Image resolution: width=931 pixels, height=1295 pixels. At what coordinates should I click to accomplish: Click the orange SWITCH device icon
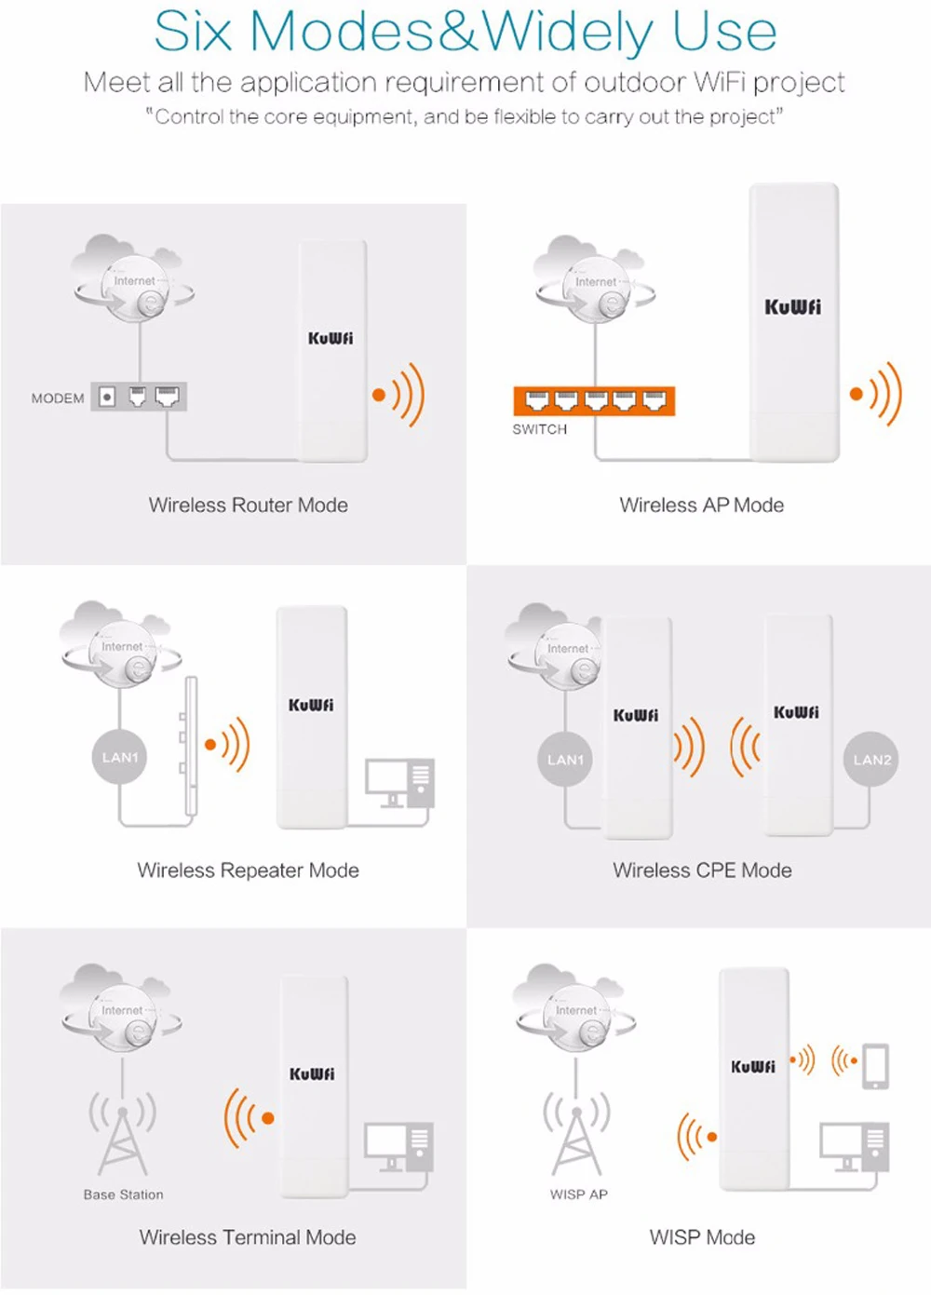pyautogui.click(x=594, y=401)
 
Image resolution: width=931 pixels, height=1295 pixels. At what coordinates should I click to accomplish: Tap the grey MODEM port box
pyautogui.click(x=139, y=398)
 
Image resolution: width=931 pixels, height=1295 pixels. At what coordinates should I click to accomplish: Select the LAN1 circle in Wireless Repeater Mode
pyautogui.click(x=119, y=757)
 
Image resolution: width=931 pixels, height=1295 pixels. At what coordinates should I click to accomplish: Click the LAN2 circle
pyautogui.click(x=871, y=760)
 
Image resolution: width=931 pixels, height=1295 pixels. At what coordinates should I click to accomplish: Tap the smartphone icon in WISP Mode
pyautogui.click(x=875, y=1066)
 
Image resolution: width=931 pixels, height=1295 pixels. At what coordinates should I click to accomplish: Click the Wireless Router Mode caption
pyautogui.click(x=249, y=506)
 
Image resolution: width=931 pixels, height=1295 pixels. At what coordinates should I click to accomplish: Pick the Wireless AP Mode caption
pyautogui.click(x=702, y=506)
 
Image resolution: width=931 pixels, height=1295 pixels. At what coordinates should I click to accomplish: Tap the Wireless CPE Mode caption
pyautogui.click(x=702, y=870)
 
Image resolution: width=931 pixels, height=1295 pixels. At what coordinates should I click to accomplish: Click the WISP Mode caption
pyautogui.click(x=702, y=1237)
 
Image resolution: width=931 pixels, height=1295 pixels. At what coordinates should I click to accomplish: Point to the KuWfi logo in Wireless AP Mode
pyautogui.click(x=793, y=307)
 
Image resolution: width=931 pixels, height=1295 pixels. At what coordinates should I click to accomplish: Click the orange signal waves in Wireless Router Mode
pyautogui.click(x=400, y=394)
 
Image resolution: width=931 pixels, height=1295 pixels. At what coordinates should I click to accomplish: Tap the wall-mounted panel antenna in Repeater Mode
pyautogui.click(x=190, y=745)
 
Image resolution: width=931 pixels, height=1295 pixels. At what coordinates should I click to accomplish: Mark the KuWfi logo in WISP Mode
pyautogui.click(x=752, y=1066)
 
